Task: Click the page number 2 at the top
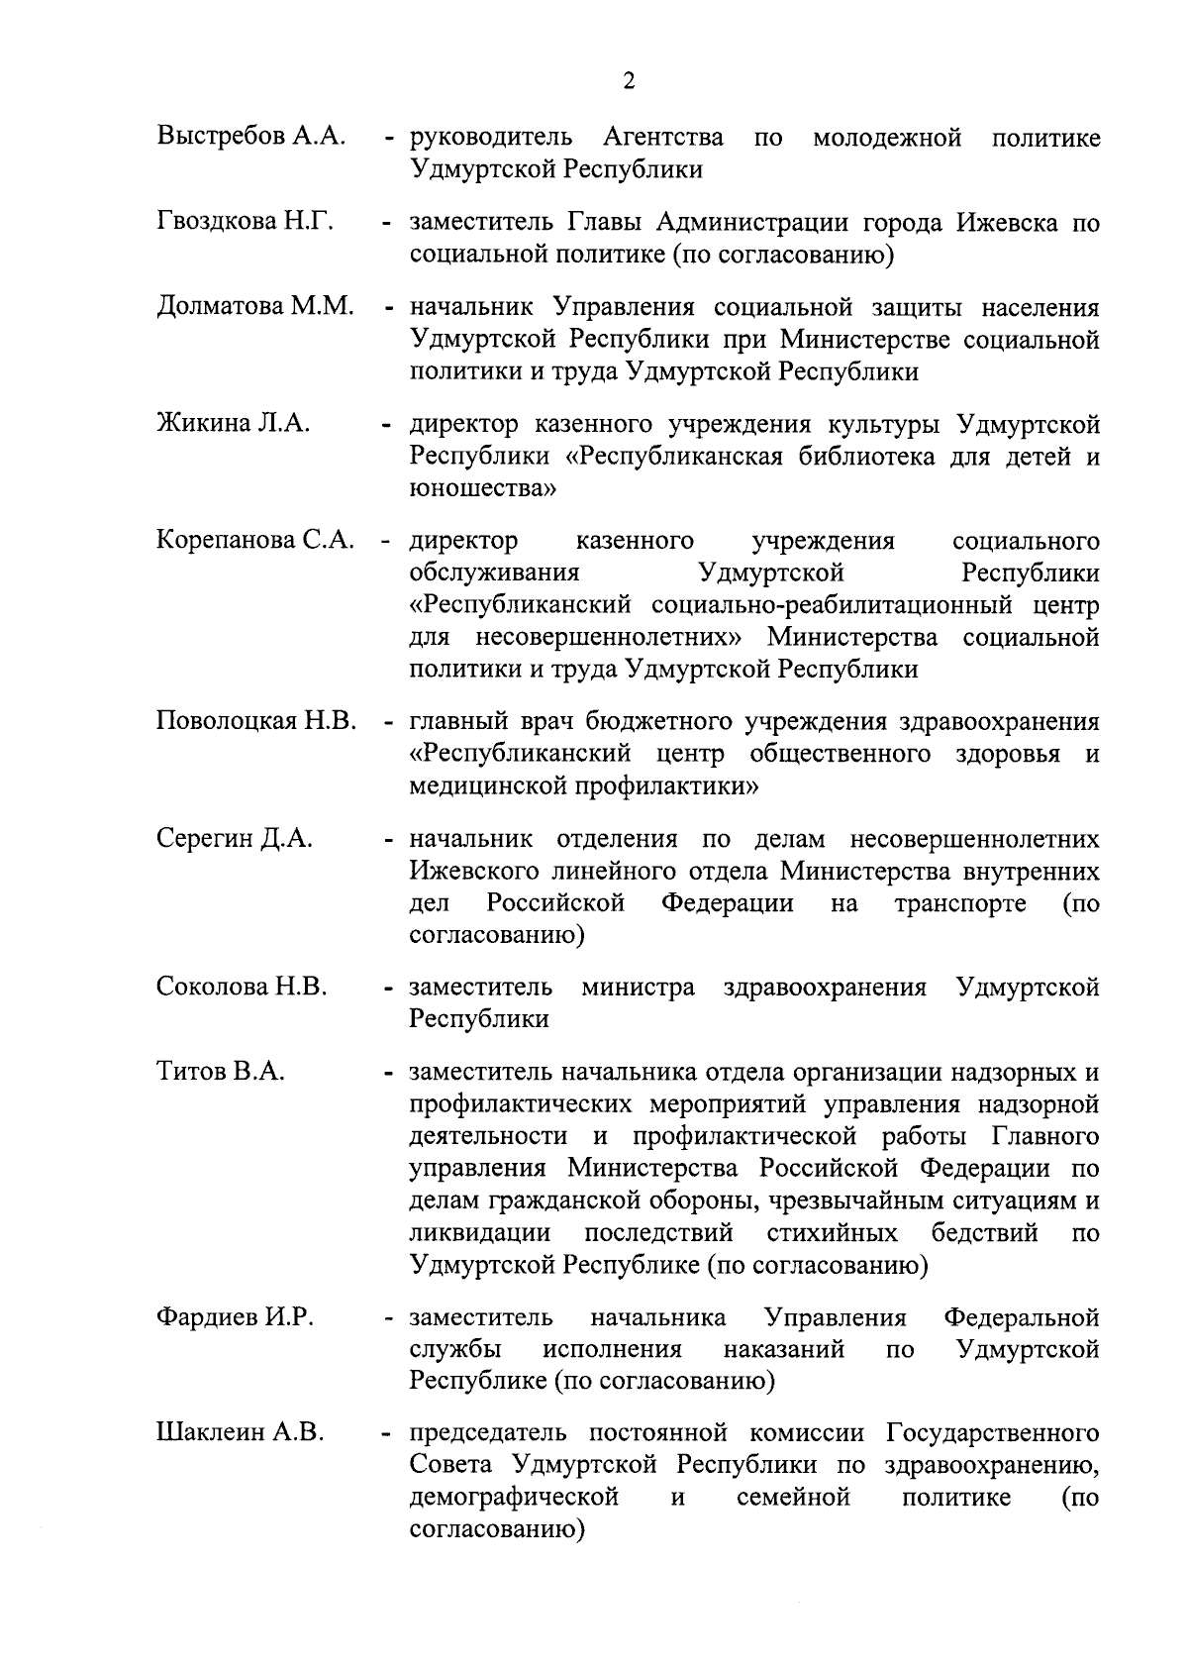click(x=630, y=81)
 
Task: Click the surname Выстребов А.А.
click(x=250, y=136)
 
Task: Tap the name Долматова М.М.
click(x=255, y=307)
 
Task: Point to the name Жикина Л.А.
click(x=234, y=424)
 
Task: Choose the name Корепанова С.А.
click(x=255, y=541)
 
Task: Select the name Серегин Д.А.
click(x=235, y=839)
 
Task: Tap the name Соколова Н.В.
click(x=242, y=987)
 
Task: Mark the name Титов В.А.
click(x=221, y=1072)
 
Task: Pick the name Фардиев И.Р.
click(x=236, y=1317)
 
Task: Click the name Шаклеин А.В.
click(x=241, y=1433)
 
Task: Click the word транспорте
click(x=959, y=904)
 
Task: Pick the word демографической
click(x=515, y=1497)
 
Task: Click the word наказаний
click(x=784, y=1349)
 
